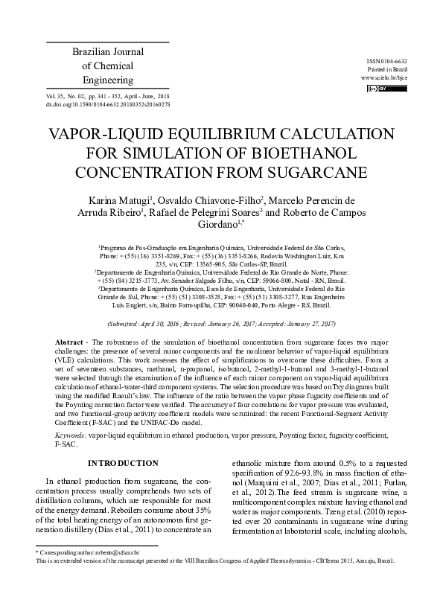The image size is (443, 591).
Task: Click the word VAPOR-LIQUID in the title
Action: pos(112,135)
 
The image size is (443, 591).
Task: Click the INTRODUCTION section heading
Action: pos(123,464)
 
